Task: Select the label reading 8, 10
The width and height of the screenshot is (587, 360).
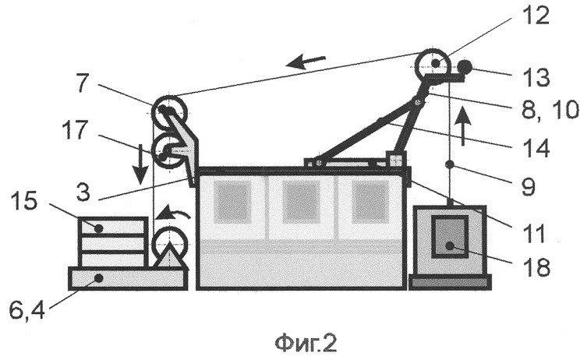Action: pos(550,111)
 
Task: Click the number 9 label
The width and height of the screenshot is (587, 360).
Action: pos(529,186)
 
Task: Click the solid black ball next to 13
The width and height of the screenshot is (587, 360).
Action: pos(465,67)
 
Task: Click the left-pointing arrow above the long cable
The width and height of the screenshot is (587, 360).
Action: pos(306,61)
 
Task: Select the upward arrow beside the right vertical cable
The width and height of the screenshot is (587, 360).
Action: pos(464,125)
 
